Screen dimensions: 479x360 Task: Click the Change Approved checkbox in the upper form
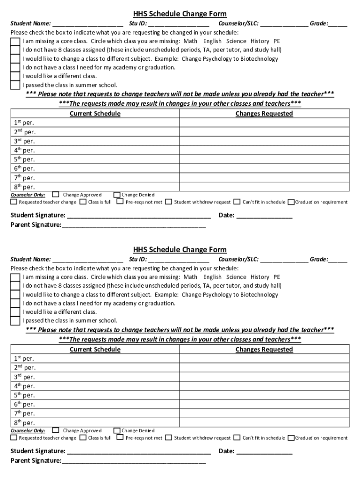[56, 195]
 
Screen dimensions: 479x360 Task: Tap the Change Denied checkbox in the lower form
[117, 430]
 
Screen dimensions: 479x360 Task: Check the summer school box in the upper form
[15, 85]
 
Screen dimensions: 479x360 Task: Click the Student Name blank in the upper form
[88, 23]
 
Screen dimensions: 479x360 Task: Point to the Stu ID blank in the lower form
[179, 259]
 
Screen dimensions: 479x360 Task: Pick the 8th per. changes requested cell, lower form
[264, 422]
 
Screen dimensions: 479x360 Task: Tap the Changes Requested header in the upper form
[264, 114]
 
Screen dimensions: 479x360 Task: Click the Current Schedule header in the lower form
[95, 349]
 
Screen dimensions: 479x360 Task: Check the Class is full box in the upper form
[83, 202]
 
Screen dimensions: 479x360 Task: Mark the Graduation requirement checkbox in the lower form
[291, 438]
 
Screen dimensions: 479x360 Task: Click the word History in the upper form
[260, 41]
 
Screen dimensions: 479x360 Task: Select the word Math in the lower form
[190, 277]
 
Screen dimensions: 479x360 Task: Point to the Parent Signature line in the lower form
[133, 461]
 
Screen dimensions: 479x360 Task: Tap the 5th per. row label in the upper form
[23, 160]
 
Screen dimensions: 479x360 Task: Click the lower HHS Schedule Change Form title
[180, 250]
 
